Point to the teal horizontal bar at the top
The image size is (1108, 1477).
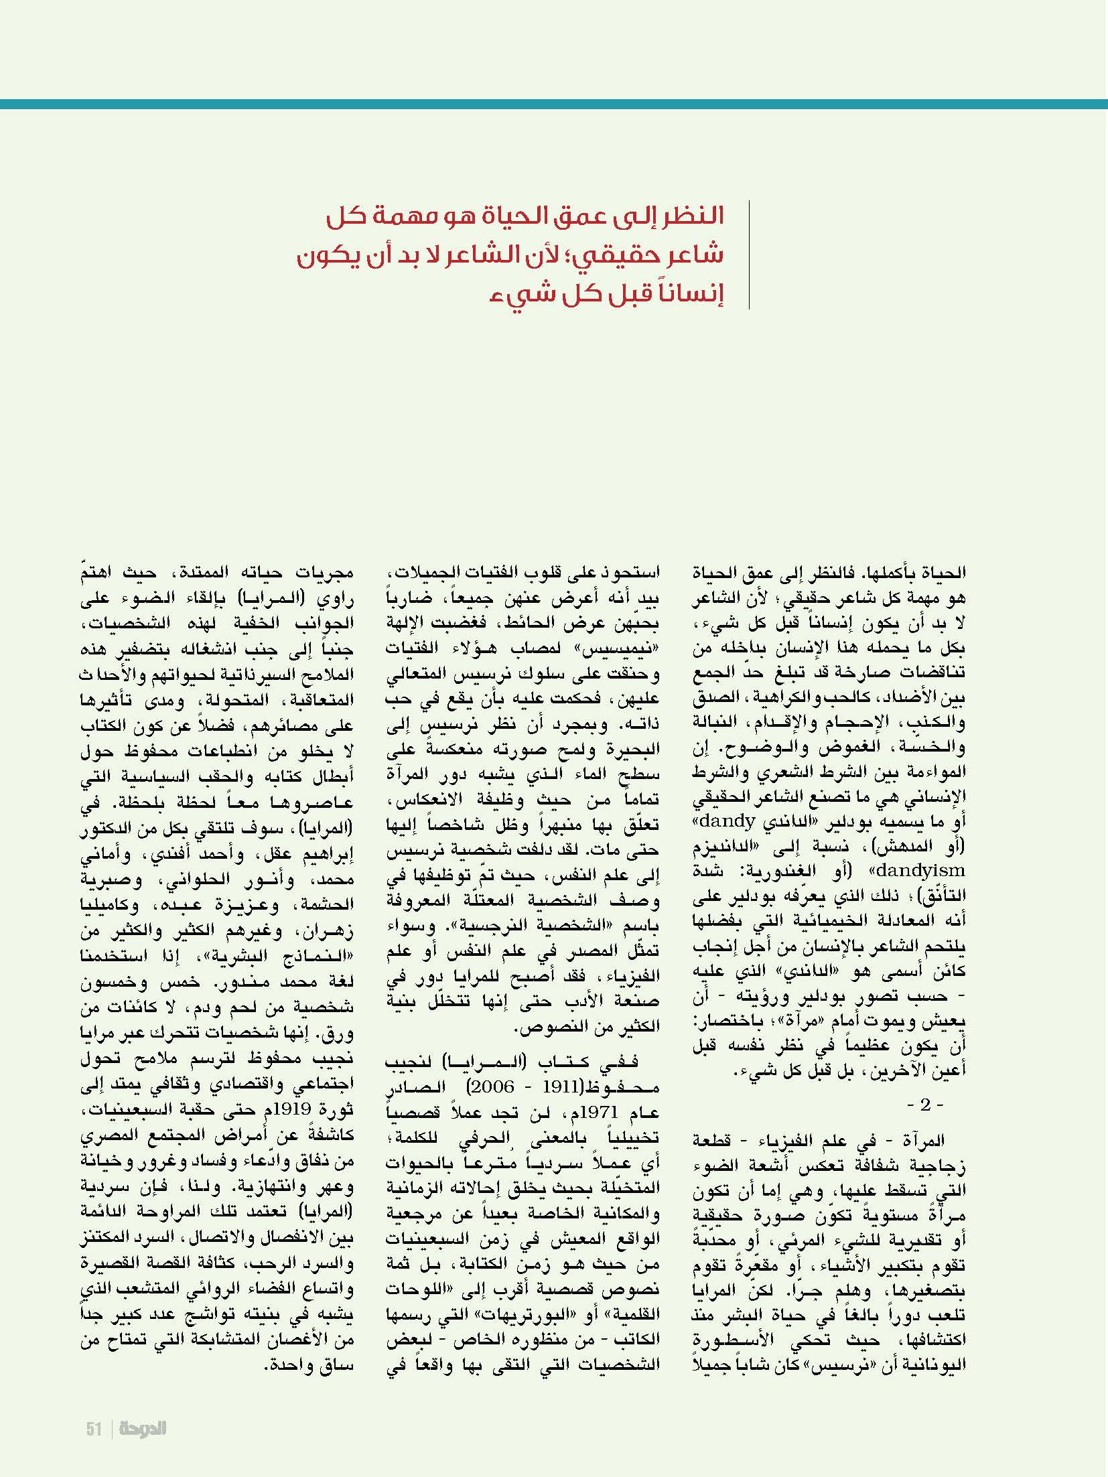pos(554,104)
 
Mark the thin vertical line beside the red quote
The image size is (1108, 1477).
pos(749,255)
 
